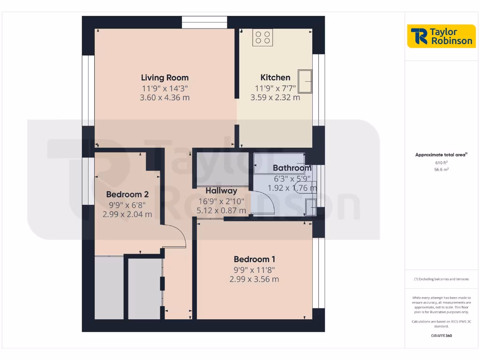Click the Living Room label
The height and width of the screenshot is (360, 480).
click(x=165, y=78)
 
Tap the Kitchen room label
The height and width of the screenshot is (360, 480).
click(x=275, y=78)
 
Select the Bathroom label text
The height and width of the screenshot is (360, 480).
click(x=292, y=168)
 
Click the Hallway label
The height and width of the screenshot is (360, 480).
click(x=221, y=191)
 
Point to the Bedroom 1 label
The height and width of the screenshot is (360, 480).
click(x=254, y=259)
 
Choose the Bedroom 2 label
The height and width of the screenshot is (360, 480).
click(x=127, y=195)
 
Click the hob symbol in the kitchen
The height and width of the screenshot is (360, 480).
click(x=262, y=37)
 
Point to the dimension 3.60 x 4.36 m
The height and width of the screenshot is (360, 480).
click(x=165, y=98)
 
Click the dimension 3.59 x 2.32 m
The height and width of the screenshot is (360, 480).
click(x=275, y=98)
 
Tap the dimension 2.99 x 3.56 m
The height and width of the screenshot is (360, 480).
click(x=254, y=279)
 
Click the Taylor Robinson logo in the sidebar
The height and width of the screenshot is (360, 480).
click(x=441, y=36)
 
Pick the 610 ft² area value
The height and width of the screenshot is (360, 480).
click(x=441, y=163)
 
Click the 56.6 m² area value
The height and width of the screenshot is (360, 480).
click(x=441, y=170)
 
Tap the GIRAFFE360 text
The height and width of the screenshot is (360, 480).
click(x=441, y=336)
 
